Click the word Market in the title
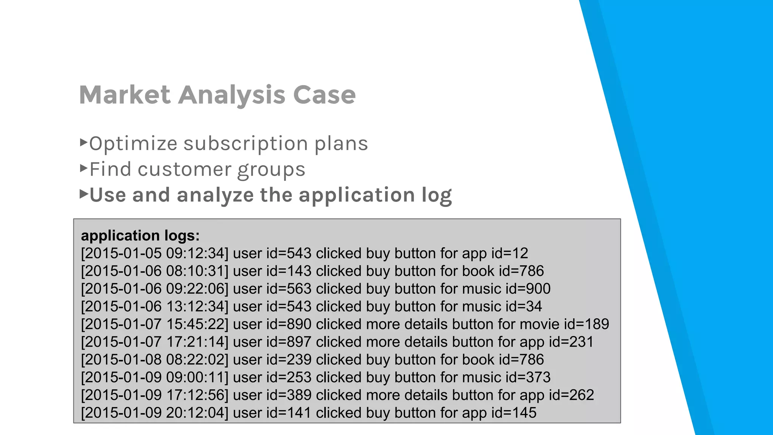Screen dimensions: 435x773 tap(125, 95)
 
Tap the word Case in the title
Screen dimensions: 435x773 tap(324, 95)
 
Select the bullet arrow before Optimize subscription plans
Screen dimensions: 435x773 tap(84, 142)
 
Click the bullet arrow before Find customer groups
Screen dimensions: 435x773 tap(84, 168)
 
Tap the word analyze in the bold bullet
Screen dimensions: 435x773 tap(215, 196)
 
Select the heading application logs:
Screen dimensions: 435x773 tap(140, 236)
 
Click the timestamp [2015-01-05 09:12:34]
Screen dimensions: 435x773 tap(155, 253)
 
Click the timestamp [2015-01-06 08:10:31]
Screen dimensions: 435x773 tap(155, 271)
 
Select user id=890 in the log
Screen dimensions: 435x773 tap(272, 324)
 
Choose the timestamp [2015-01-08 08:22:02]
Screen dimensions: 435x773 tap(155, 359)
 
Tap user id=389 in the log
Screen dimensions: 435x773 tap(272, 395)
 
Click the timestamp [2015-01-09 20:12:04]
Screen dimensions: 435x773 tap(155, 413)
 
